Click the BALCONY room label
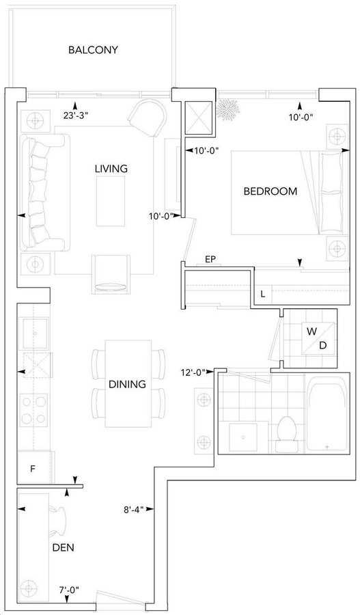coord(93,50)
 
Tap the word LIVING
coord(111,169)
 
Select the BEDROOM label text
coord(271,191)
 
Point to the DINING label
coord(127,384)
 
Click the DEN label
coord(63,547)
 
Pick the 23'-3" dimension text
coord(74,115)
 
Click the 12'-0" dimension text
coord(192,372)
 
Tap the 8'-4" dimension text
coord(134,510)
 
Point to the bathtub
coord(327,414)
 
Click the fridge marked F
coord(35,467)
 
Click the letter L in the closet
coord(263,294)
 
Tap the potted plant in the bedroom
coord(228,109)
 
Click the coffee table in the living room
coord(111,201)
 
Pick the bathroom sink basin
coord(243,437)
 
